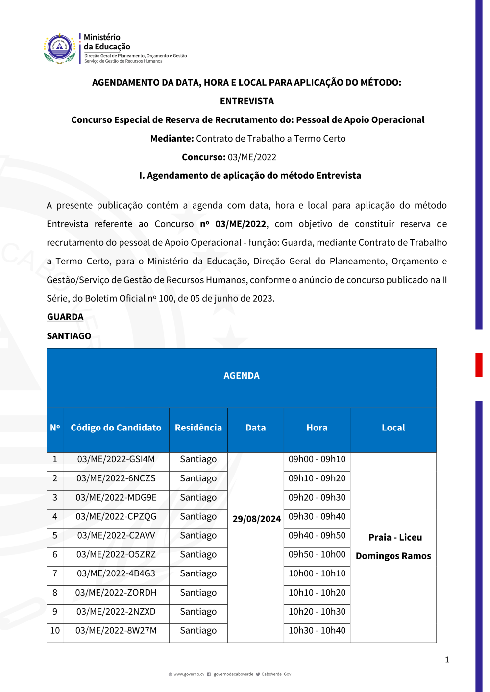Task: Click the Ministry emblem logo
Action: click(x=60, y=48)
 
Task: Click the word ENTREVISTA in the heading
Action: click(x=247, y=101)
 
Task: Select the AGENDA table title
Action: click(x=242, y=376)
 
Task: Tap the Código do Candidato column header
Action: click(x=116, y=428)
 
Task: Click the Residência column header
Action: click(x=198, y=428)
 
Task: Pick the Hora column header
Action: click(x=317, y=428)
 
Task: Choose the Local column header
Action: click(x=393, y=428)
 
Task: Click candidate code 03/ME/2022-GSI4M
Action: click(x=116, y=459)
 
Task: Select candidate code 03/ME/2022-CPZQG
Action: click(x=116, y=517)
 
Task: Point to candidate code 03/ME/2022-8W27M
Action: click(x=116, y=631)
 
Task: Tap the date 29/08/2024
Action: click(x=256, y=519)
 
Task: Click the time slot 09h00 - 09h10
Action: click(x=317, y=459)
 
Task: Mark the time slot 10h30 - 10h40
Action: click(x=317, y=631)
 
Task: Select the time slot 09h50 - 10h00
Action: click(x=317, y=554)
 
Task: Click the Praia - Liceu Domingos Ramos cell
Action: click(x=393, y=547)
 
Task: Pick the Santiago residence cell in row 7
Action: click(x=198, y=573)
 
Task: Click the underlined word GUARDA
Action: click(x=65, y=317)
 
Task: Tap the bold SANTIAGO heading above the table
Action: click(x=69, y=336)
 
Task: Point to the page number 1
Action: click(x=447, y=660)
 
